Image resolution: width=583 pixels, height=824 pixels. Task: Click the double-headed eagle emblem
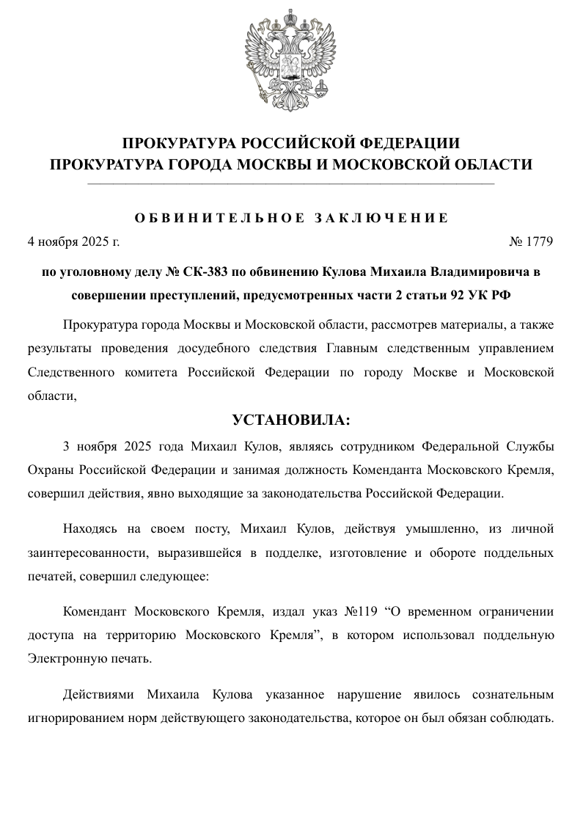[x=291, y=62]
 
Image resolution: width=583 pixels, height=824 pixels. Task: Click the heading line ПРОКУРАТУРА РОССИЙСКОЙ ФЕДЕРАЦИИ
[x=291, y=142]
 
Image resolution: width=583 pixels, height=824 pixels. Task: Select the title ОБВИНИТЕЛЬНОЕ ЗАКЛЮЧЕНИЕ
[x=291, y=218]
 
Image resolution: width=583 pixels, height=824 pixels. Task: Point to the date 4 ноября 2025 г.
[x=73, y=241]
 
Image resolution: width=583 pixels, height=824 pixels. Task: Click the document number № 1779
[x=531, y=241]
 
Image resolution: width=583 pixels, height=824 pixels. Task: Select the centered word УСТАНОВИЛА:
[x=291, y=420]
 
